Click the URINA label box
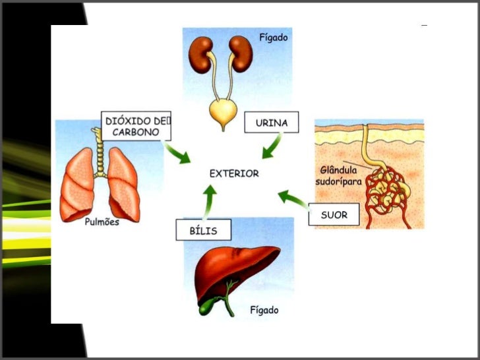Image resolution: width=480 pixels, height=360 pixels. (x=271, y=122)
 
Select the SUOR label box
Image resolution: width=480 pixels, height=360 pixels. (x=334, y=214)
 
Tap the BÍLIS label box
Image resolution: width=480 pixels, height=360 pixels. (x=203, y=230)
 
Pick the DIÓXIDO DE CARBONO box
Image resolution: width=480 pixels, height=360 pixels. (x=136, y=126)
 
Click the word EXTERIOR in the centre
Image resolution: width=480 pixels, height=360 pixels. (x=234, y=173)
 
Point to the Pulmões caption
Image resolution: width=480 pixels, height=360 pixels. (x=102, y=222)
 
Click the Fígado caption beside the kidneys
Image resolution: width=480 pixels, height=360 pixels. (x=274, y=38)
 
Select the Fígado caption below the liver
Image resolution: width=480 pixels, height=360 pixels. (x=264, y=310)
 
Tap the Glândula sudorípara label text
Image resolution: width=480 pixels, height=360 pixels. (x=338, y=175)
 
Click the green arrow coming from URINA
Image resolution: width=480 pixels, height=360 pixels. (x=272, y=146)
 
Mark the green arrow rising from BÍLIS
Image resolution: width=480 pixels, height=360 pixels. (x=210, y=202)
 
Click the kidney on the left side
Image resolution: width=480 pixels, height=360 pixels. (x=200, y=55)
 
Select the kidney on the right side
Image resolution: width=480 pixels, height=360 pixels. (x=241, y=54)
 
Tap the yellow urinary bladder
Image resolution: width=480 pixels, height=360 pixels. (x=223, y=112)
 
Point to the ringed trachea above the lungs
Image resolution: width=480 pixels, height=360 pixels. (x=100, y=152)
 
